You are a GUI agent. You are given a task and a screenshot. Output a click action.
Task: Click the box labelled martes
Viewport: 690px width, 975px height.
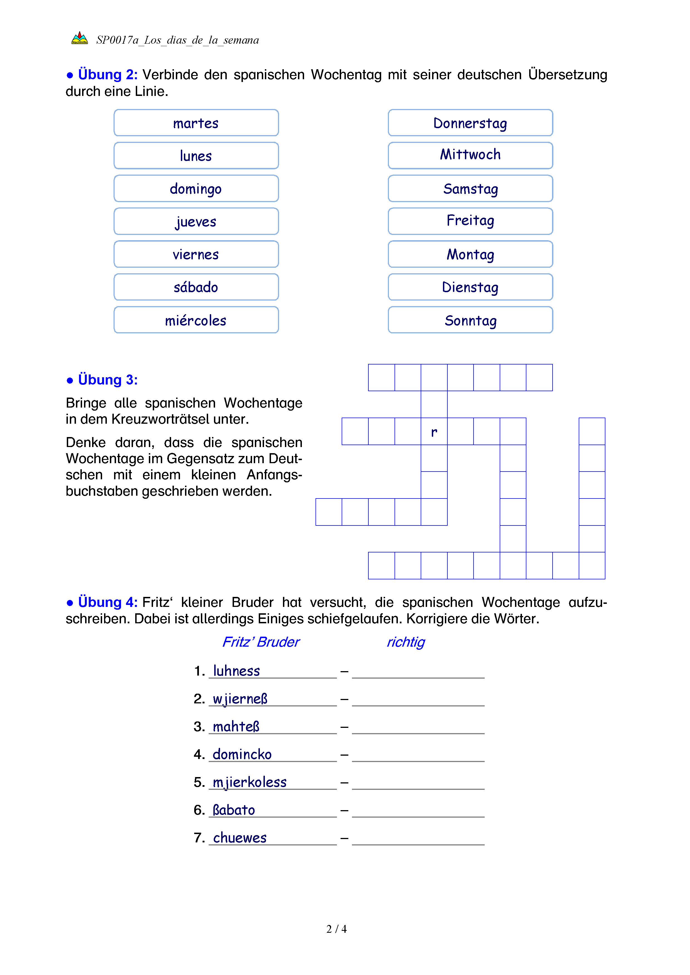[196, 123]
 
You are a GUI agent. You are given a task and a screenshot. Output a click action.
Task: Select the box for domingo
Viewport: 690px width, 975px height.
[196, 188]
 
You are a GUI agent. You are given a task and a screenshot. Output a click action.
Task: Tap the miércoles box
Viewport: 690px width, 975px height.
[196, 320]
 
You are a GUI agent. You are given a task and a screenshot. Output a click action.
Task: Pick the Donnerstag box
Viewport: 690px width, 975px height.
[470, 123]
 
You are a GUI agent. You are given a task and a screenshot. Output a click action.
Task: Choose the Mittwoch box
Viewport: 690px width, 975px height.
[470, 155]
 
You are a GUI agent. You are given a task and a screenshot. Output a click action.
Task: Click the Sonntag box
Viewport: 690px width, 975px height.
[470, 320]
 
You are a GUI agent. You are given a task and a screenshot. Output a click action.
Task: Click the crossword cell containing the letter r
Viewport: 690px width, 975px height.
[434, 431]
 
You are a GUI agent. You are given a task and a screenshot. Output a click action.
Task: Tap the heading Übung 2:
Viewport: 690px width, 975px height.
[107, 75]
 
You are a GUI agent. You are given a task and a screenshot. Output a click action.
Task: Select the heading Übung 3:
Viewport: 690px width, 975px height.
[107, 380]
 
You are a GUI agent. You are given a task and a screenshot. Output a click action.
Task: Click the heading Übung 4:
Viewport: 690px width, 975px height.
[107, 602]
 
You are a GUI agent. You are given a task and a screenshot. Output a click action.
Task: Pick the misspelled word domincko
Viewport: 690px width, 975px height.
[242, 755]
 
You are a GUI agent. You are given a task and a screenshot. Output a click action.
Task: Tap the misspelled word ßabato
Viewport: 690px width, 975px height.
[234, 810]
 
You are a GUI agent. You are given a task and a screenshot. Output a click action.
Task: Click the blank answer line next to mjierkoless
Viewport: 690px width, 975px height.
[418, 783]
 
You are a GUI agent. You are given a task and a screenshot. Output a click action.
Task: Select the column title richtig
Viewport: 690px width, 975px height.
[406, 642]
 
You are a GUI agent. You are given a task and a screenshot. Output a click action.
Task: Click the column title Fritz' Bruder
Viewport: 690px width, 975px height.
[261, 642]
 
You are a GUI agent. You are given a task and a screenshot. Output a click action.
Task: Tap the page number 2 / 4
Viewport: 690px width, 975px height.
[336, 929]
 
